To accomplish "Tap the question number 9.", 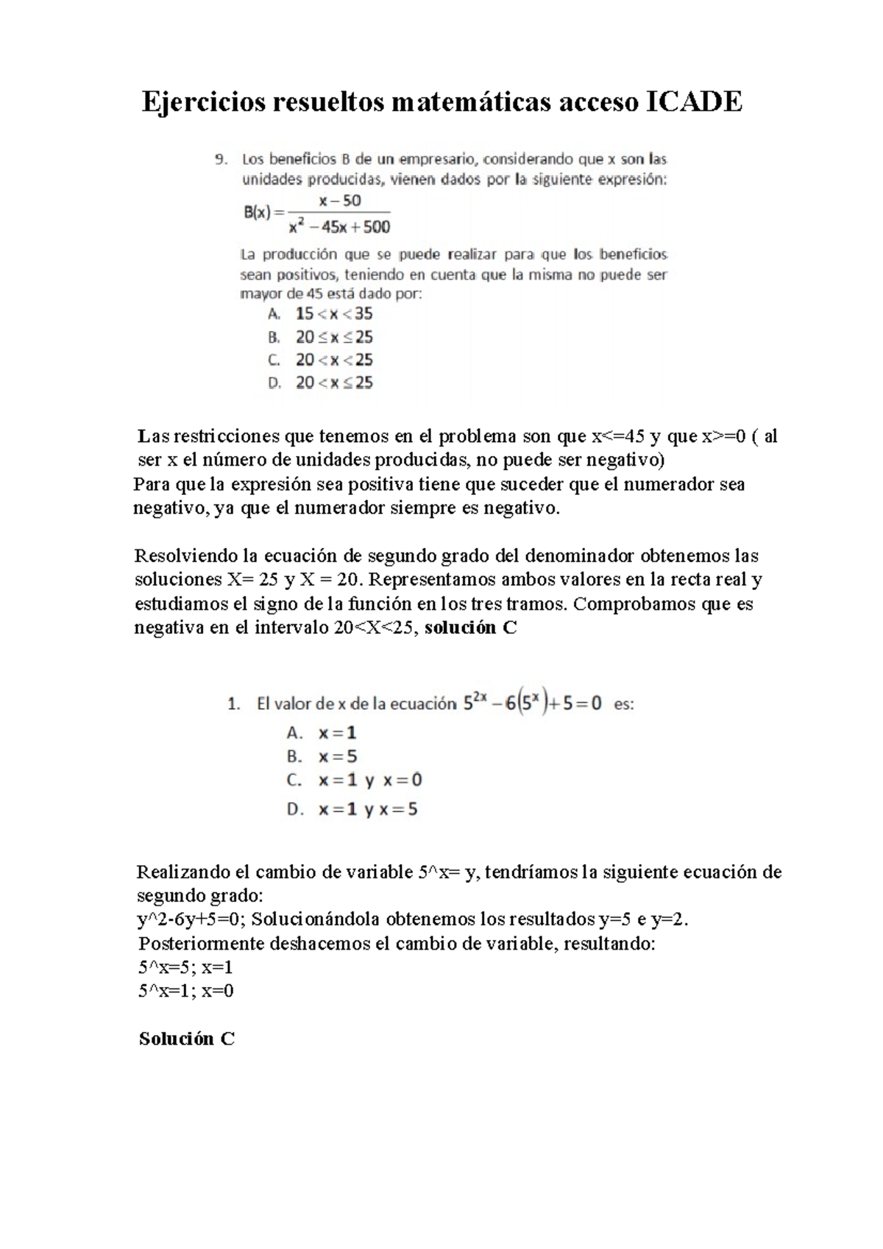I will click(219, 158).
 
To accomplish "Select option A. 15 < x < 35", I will click(321, 314).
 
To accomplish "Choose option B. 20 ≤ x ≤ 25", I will click(321, 337).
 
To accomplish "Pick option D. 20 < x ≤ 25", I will click(321, 382).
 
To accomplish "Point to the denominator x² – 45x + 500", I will click(339, 227).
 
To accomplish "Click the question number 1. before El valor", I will click(233, 704).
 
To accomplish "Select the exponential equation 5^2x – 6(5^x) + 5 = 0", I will click(532, 703).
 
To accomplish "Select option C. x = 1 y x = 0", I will click(354, 780).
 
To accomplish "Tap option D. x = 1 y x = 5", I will click(352, 810).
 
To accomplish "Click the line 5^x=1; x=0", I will click(185, 990).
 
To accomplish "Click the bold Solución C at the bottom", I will click(187, 1039).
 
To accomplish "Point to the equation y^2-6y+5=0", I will click(189, 919).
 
